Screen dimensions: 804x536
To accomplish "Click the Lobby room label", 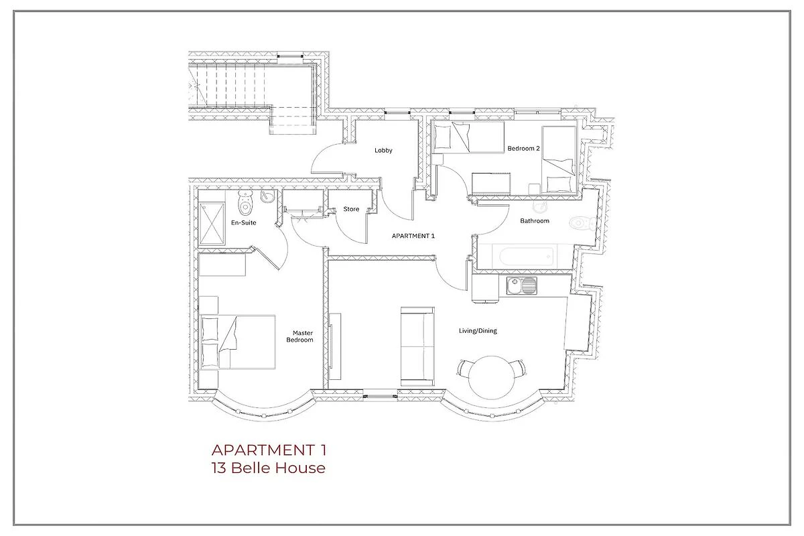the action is [x=383, y=151].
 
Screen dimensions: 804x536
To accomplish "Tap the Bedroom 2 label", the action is [x=523, y=148].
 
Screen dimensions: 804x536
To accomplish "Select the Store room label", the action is [x=351, y=209].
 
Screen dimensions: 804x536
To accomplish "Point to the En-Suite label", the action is [x=244, y=222].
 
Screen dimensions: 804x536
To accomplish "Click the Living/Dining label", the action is [x=478, y=331].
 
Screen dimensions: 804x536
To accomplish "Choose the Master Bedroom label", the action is [x=299, y=336].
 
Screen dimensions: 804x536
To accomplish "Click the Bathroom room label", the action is [x=535, y=221].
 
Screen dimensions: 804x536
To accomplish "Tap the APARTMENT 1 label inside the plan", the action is [x=413, y=236].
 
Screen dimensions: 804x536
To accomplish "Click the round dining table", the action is [x=492, y=377].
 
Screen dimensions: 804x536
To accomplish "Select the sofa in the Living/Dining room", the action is [x=417, y=346].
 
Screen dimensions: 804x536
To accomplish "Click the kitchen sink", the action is [x=521, y=286].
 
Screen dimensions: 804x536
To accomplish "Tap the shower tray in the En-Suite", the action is [x=212, y=224].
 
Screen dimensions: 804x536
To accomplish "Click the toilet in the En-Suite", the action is [x=245, y=202].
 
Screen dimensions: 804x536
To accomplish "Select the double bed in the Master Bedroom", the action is [x=238, y=342].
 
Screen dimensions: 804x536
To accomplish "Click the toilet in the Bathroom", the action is [x=582, y=223].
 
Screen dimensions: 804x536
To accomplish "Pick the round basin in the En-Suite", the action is [x=267, y=196].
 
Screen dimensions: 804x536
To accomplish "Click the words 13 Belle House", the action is [x=269, y=468].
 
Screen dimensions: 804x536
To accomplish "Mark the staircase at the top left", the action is [x=233, y=87].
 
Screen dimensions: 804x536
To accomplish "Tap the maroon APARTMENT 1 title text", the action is [x=269, y=450].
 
